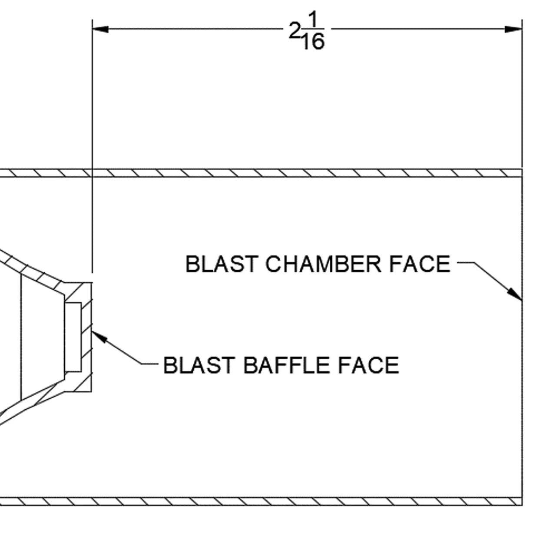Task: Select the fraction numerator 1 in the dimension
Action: point(314,20)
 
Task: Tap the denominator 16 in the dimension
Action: point(313,42)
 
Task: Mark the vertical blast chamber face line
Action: point(522,391)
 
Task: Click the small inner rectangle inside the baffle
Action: point(73,337)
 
